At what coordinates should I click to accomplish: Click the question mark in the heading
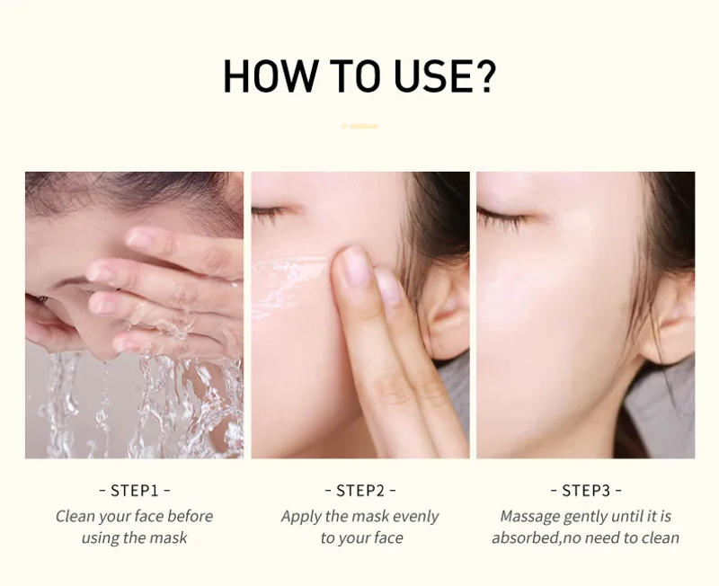point(484,76)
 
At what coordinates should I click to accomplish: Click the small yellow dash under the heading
point(359,127)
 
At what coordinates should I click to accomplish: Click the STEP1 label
point(134,491)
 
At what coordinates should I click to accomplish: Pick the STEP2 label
point(359,491)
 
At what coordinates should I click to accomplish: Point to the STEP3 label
point(585,491)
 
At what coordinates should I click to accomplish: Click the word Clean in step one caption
point(75,516)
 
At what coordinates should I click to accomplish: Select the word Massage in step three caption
point(529,516)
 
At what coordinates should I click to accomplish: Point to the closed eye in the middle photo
point(268,215)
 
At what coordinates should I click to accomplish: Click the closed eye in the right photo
point(498,216)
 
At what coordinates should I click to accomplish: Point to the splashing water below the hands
point(135,404)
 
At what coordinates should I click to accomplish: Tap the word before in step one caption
point(190,516)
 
